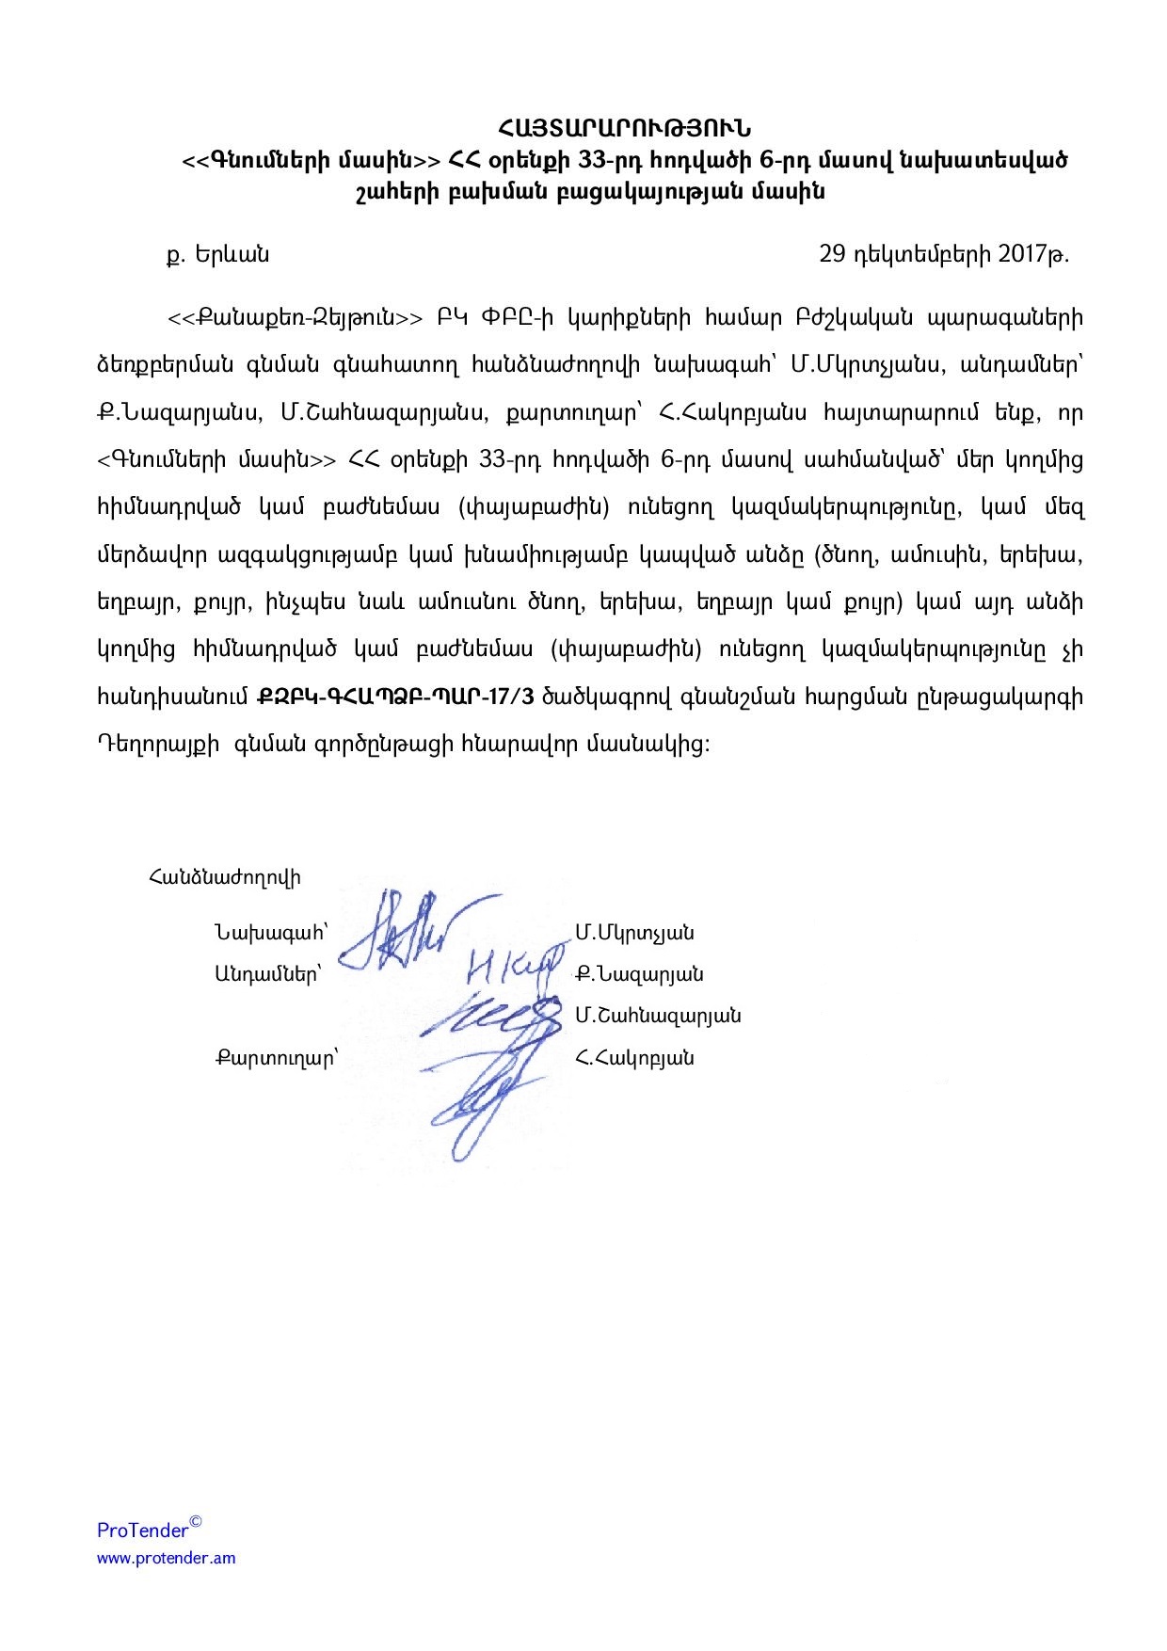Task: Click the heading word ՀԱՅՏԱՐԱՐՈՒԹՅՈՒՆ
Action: pos(624,127)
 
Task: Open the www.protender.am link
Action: pos(167,1558)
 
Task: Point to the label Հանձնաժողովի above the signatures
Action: pos(224,878)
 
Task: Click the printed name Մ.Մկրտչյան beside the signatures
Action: pos(635,934)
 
